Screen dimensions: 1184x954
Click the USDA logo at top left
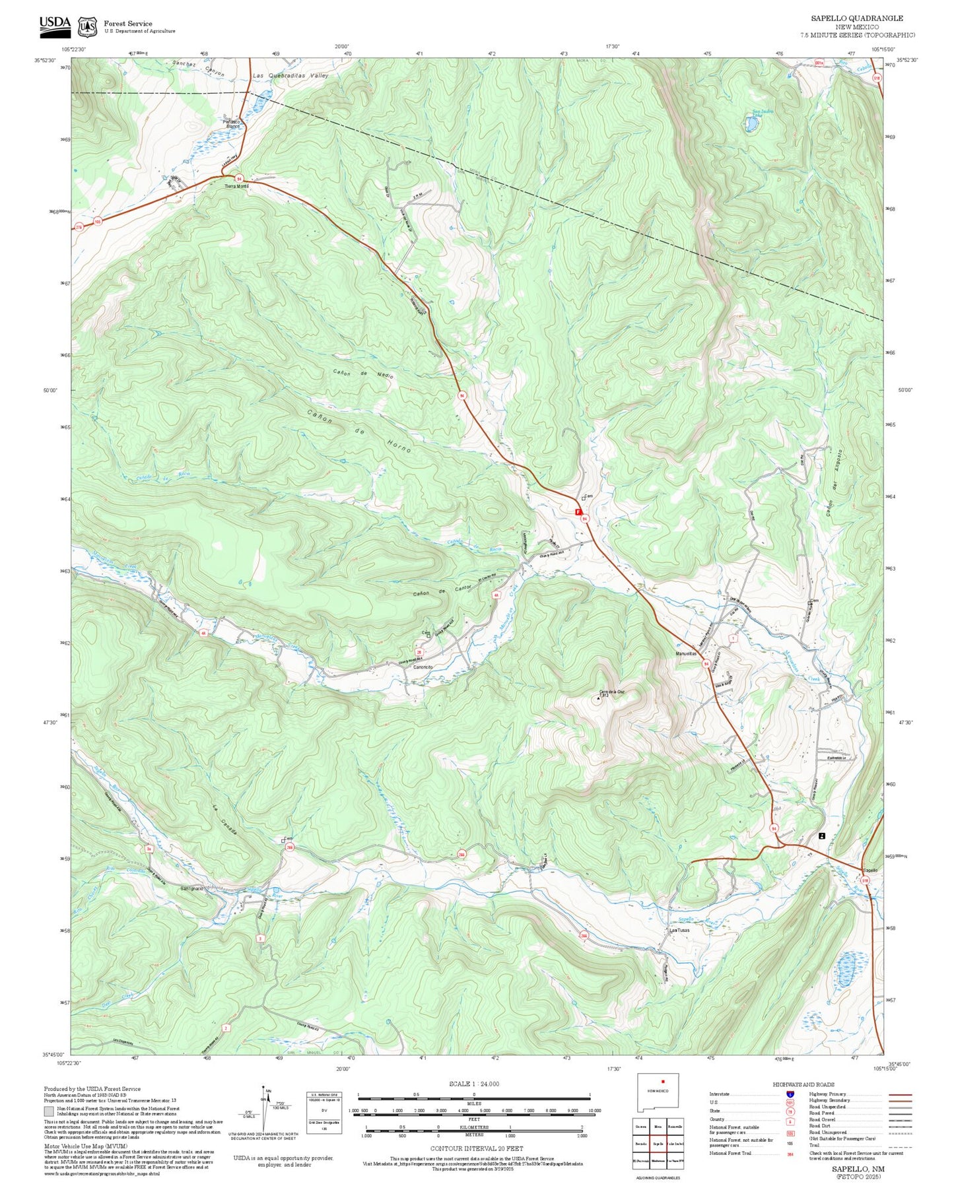(x=55, y=24)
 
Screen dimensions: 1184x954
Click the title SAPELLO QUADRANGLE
(x=857, y=18)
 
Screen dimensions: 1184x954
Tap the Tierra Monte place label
(x=236, y=187)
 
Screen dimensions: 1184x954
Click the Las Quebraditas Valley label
(x=290, y=77)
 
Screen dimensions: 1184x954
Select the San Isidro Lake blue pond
(x=751, y=123)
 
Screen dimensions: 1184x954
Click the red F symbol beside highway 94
(x=578, y=511)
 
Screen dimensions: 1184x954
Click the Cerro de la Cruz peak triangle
(x=599, y=695)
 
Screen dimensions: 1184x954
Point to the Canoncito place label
(x=423, y=667)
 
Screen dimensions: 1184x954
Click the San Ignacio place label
(x=191, y=888)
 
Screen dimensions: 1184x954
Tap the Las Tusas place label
(x=679, y=931)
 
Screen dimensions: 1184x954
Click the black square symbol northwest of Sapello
(x=821, y=836)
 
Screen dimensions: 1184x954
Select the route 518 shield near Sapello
(x=866, y=880)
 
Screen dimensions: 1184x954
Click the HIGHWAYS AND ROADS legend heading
(x=803, y=1084)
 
